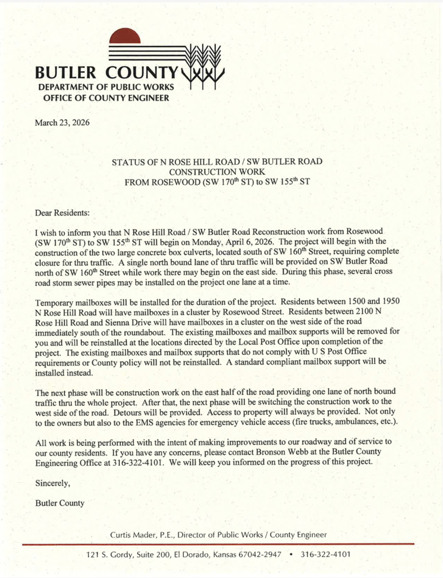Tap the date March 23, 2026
point(62,122)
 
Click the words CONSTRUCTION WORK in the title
point(217,172)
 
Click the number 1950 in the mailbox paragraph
point(390,303)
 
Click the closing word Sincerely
point(53,483)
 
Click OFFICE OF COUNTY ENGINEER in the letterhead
point(106,98)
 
